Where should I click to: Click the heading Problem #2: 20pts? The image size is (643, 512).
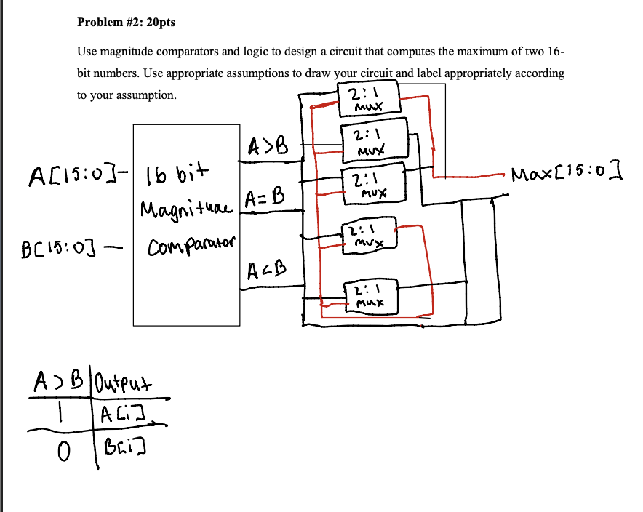point(126,23)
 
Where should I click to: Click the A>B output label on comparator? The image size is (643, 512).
point(268,147)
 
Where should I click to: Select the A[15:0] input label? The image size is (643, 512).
point(73,175)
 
